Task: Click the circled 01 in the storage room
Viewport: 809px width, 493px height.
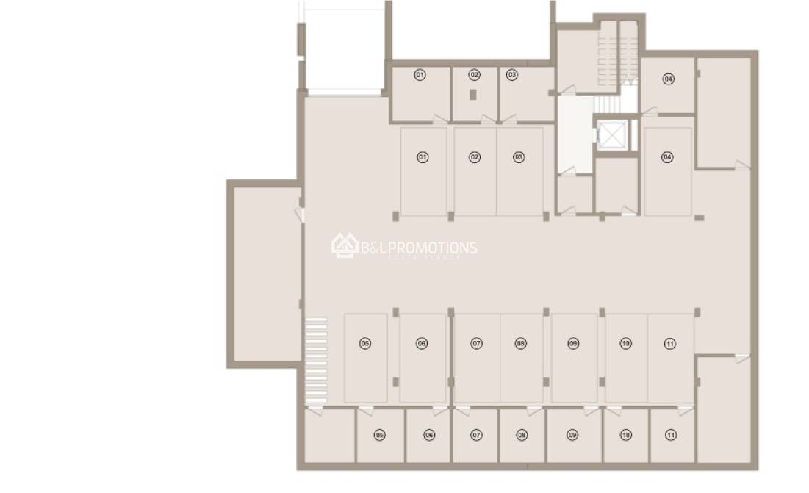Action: tap(420, 75)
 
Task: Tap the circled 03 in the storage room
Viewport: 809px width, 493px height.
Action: tap(512, 75)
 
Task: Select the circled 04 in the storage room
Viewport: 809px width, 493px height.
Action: tap(669, 79)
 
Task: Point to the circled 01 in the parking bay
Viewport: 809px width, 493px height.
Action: tap(423, 157)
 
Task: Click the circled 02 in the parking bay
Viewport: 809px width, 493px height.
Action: tap(475, 157)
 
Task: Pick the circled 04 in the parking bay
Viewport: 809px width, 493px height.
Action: tap(667, 157)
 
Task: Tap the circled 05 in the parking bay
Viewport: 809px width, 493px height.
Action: tap(365, 343)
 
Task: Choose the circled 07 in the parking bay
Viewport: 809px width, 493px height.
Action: tap(477, 343)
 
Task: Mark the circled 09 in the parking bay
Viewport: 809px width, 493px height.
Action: tap(573, 343)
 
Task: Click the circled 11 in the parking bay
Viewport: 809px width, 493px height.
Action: tap(669, 343)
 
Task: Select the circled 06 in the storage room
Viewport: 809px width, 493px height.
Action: tap(429, 435)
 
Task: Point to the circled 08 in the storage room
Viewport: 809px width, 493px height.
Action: tap(522, 435)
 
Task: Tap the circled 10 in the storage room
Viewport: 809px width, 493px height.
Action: tap(626, 435)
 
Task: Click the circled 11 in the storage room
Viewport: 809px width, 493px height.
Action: tap(671, 435)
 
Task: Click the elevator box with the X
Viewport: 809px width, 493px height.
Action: tap(611, 135)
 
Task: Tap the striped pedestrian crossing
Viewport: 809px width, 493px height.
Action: tap(316, 360)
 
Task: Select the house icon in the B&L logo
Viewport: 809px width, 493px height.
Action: tap(344, 245)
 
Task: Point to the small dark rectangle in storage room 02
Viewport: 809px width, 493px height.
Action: tap(474, 95)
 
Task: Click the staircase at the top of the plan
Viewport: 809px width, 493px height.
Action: tap(608, 51)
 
